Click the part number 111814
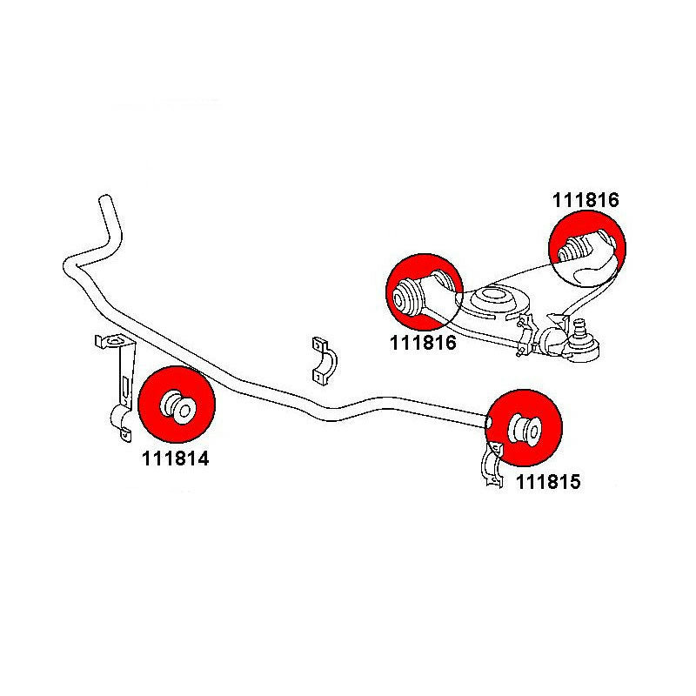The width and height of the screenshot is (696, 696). [x=175, y=459]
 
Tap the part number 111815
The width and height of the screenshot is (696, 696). [x=547, y=480]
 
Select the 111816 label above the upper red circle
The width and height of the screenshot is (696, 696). [x=586, y=199]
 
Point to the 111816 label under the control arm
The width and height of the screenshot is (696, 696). [x=424, y=343]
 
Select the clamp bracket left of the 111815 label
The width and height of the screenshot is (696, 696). [x=492, y=465]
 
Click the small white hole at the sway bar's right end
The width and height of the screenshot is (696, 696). [x=489, y=420]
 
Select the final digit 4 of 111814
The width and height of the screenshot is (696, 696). [x=204, y=459]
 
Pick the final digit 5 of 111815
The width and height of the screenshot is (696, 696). [x=576, y=480]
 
